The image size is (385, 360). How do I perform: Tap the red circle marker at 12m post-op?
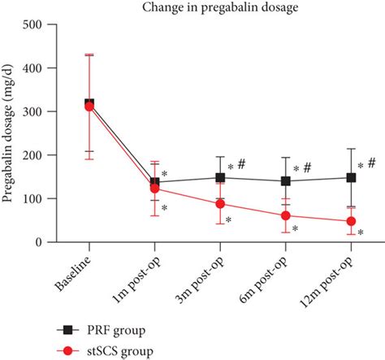coord(351,221)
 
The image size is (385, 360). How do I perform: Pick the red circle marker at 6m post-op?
coord(286,216)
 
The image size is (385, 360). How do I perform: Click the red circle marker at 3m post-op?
coord(220,204)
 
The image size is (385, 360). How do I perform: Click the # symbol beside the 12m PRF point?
coord(371,163)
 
